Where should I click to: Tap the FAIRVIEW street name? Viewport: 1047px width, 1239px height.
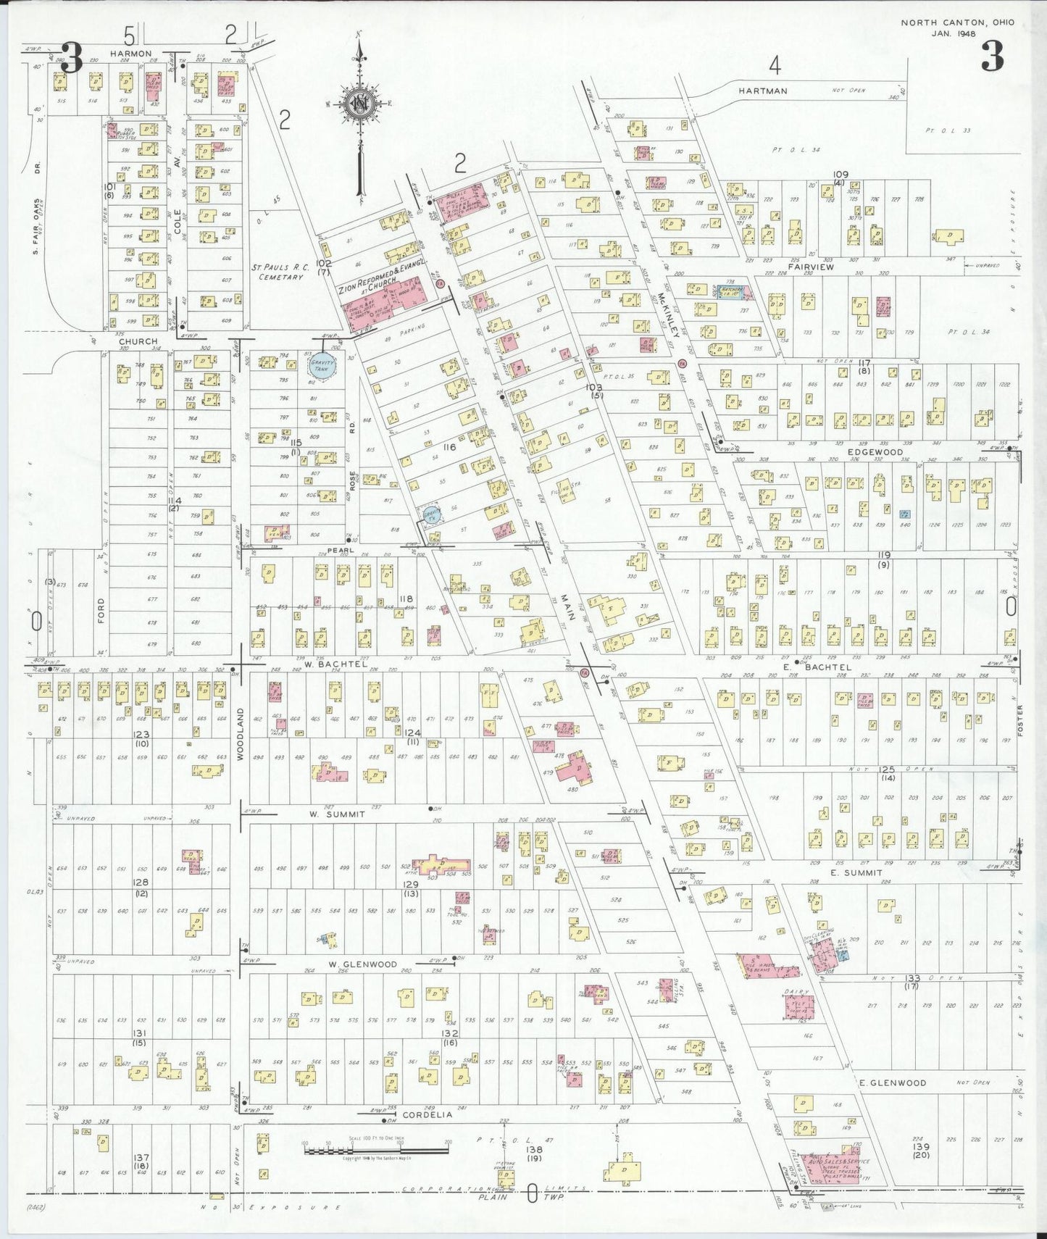[x=814, y=267]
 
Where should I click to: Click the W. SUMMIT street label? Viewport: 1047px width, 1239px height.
[x=337, y=814]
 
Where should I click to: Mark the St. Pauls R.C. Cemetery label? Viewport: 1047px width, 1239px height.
[x=280, y=272]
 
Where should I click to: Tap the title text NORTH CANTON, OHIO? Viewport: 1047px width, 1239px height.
[x=957, y=22]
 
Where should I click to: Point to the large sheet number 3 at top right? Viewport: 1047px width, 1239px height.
[x=993, y=57]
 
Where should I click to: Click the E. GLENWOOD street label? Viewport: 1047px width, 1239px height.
[x=893, y=1082]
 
